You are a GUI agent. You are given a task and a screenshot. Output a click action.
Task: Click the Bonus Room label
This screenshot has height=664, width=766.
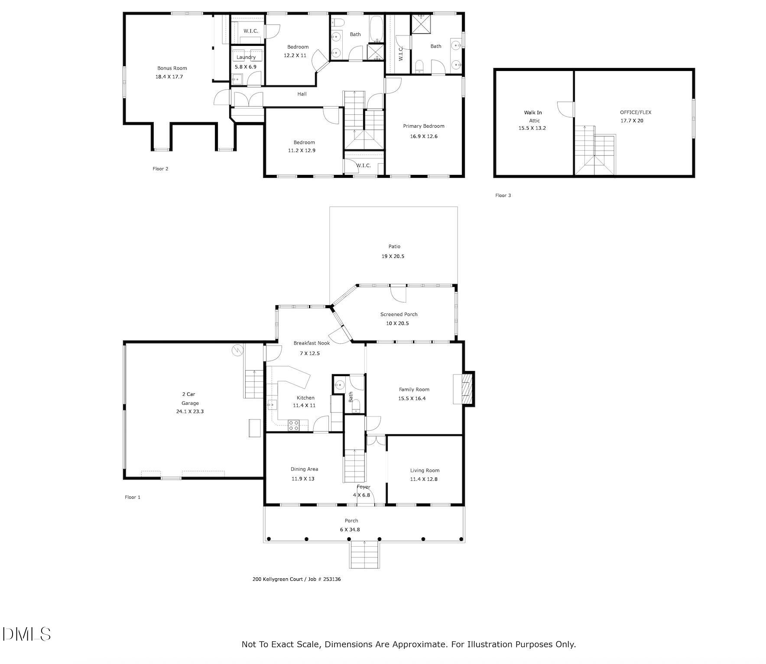click(x=172, y=68)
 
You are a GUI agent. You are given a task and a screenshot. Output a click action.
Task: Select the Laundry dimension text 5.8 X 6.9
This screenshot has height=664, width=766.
click(x=246, y=67)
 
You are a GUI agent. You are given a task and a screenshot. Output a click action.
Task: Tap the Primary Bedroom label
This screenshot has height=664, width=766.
click(x=423, y=126)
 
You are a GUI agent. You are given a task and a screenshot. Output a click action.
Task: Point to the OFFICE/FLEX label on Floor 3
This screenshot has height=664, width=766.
click(x=635, y=112)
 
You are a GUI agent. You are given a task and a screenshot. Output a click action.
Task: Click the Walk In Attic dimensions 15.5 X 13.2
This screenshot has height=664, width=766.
click(x=532, y=128)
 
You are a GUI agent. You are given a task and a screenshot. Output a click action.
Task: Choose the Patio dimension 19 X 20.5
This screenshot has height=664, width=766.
click(x=393, y=256)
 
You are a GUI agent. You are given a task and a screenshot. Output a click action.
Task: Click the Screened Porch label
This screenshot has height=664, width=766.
click(x=399, y=314)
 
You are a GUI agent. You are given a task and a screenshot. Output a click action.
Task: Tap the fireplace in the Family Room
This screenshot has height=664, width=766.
click(x=466, y=388)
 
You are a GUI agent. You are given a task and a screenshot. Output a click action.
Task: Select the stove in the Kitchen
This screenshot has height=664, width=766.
click(x=294, y=425)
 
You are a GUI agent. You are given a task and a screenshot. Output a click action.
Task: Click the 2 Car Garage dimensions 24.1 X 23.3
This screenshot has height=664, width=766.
click(x=190, y=411)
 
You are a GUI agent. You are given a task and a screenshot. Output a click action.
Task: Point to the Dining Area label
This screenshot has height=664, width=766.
click(x=304, y=469)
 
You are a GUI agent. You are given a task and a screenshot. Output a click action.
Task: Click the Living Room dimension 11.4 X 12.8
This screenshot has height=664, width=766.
click(x=424, y=479)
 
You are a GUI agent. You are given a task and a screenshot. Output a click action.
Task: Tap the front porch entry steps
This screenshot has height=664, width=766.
click(x=364, y=555)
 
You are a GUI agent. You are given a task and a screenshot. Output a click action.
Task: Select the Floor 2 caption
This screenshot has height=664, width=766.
click(x=160, y=169)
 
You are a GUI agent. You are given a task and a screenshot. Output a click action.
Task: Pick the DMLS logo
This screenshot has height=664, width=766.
click(x=26, y=634)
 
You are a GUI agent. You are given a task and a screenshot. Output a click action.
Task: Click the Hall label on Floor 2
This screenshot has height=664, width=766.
click(x=302, y=94)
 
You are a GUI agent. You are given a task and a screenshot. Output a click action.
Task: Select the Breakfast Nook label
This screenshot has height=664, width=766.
click(x=312, y=343)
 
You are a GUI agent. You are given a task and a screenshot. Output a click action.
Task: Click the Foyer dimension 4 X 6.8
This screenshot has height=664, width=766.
click(x=361, y=495)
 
